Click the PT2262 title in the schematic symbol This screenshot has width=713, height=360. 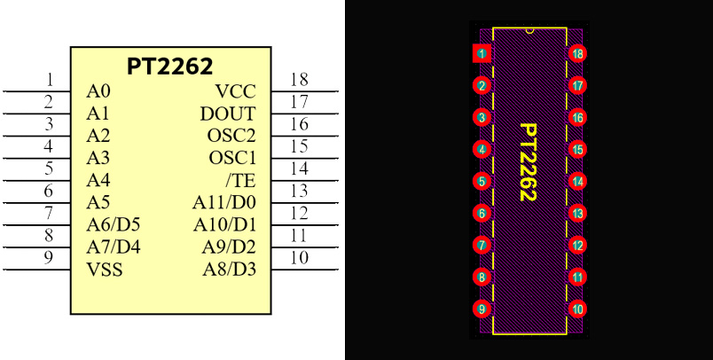tap(170, 67)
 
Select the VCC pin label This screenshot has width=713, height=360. tap(235, 91)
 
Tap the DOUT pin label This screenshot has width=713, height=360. tap(228, 113)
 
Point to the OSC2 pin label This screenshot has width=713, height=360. tap(231, 136)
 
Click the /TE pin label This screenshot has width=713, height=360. tap(240, 180)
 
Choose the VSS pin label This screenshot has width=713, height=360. tap(105, 269)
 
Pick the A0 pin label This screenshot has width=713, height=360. tap(98, 91)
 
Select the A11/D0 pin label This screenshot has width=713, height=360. tap(224, 202)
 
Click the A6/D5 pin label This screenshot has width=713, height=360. tap(114, 224)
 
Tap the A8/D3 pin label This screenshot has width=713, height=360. tap(229, 269)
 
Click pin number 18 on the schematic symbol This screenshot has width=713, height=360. tap(299, 81)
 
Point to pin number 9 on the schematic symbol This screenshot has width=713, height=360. tap(50, 258)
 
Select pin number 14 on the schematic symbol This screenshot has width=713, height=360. tap(299, 169)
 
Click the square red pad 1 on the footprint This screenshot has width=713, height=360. tap(482, 54)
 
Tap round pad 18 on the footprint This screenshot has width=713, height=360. tap(577, 54)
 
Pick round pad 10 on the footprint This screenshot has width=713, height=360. tap(577, 309)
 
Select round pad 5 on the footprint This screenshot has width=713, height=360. tap(482, 182)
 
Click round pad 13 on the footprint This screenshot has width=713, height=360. tap(577, 213)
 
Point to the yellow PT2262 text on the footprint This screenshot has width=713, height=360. tap(529, 162)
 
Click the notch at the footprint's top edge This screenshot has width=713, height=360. tap(529, 30)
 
